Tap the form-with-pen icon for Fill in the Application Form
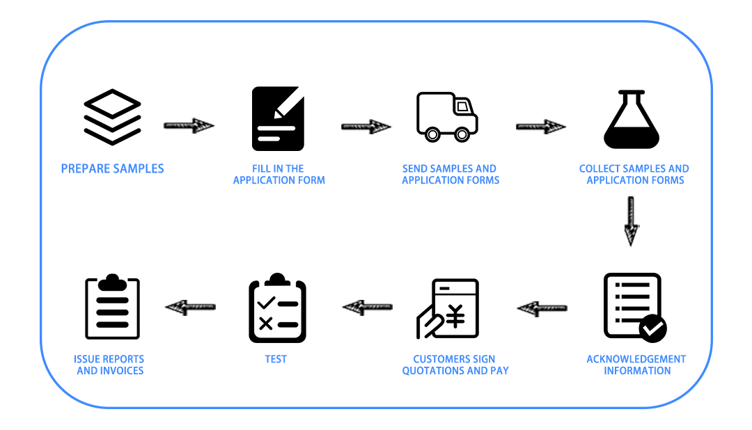278,118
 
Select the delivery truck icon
447,117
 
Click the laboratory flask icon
631,119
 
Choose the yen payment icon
448,308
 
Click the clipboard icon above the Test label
277,308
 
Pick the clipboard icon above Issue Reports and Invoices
112,307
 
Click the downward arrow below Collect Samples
631,221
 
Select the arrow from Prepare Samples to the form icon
189,126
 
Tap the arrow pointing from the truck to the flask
541,127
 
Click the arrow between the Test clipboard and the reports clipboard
190,307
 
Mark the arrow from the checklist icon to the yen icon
542,308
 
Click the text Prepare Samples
112,169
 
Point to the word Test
276,359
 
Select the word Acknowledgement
636,359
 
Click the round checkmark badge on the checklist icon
652,329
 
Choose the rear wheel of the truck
432,135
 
